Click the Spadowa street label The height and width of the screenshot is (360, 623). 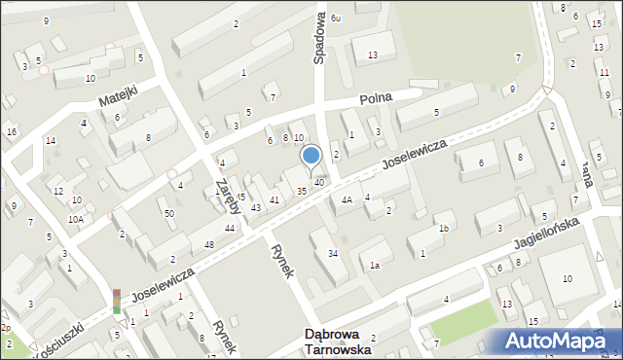pos(318,39)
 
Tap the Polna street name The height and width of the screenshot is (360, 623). pos(375,99)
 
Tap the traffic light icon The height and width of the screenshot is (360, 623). pos(117,301)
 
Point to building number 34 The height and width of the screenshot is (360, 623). pos(333,254)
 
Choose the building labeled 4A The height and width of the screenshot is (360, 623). pos(346,200)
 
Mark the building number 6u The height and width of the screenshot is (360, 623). pos(336,18)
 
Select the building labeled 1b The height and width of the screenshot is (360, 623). pos(443,229)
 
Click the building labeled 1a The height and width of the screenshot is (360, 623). pos(374,265)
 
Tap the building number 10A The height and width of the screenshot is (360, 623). pos(75,220)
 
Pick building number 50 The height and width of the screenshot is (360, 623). pos(169,213)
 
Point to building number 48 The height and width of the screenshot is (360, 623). pos(208,244)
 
